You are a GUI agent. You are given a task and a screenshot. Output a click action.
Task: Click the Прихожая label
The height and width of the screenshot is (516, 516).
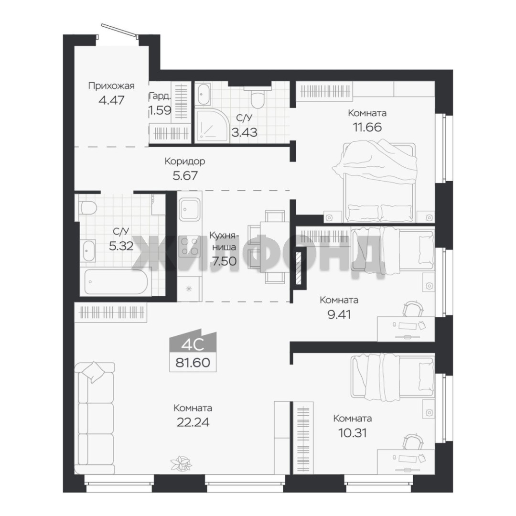[111, 86]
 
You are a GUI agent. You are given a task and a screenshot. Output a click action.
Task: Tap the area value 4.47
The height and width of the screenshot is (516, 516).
[111, 100]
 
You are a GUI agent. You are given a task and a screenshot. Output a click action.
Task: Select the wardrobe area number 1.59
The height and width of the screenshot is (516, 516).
[160, 109]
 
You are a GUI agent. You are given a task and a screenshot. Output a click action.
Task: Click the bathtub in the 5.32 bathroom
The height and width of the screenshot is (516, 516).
[116, 282]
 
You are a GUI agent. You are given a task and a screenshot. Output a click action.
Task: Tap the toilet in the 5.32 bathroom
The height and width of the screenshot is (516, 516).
[87, 208]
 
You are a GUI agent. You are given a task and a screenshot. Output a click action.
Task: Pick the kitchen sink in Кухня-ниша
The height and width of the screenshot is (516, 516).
[190, 210]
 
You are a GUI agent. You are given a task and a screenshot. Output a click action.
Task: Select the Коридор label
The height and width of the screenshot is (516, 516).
[184, 161]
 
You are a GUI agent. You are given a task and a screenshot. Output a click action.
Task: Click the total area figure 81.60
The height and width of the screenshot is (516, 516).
[193, 363]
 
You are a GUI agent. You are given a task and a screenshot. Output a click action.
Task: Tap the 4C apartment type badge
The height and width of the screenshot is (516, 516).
[193, 344]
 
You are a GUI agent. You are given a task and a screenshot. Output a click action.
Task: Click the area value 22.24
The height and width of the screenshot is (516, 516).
[193, 422]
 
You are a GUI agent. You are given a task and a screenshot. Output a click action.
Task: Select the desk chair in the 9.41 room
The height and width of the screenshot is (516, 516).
[413, 308]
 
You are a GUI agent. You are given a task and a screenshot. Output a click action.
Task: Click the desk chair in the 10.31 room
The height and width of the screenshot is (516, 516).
[413, 441]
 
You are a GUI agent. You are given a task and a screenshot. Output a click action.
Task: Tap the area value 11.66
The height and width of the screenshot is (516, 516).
[367, 127]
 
